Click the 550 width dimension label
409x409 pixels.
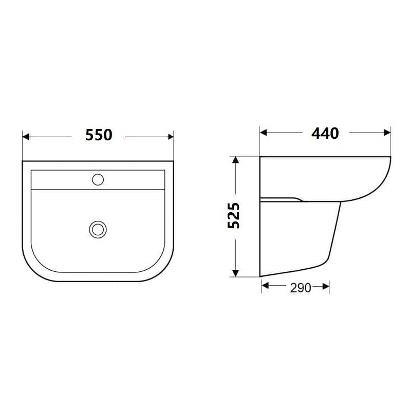(x=98, y=136)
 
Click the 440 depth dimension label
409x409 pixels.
(x=325, y=133)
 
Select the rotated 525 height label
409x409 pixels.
(x=234, y=216)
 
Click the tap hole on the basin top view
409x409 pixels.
(x=98, y=179)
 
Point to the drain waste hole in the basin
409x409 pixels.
(x=96, y=229)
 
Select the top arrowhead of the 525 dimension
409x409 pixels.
(x=235, y=159)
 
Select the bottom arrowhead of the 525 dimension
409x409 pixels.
(x=235, y=273)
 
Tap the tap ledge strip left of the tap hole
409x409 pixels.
(x=59, y=180)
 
